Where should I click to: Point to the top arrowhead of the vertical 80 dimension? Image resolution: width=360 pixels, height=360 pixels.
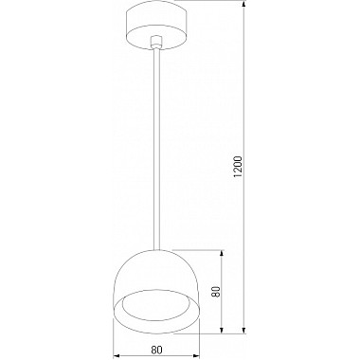tap(224, 254)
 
